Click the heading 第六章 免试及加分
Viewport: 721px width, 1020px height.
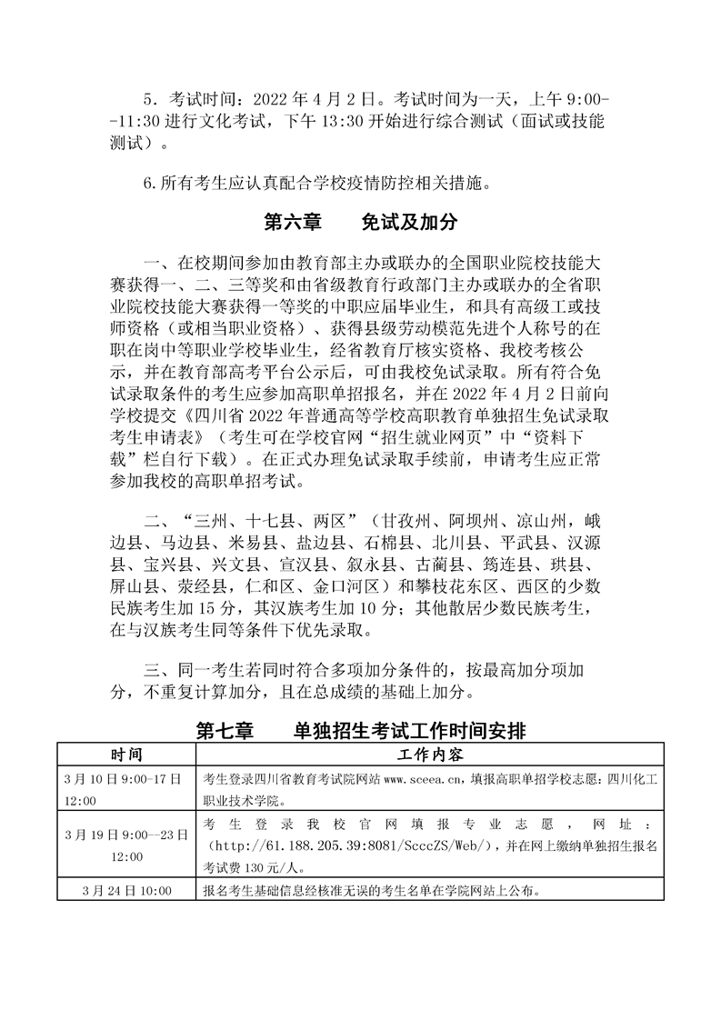[x=359, y=222]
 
